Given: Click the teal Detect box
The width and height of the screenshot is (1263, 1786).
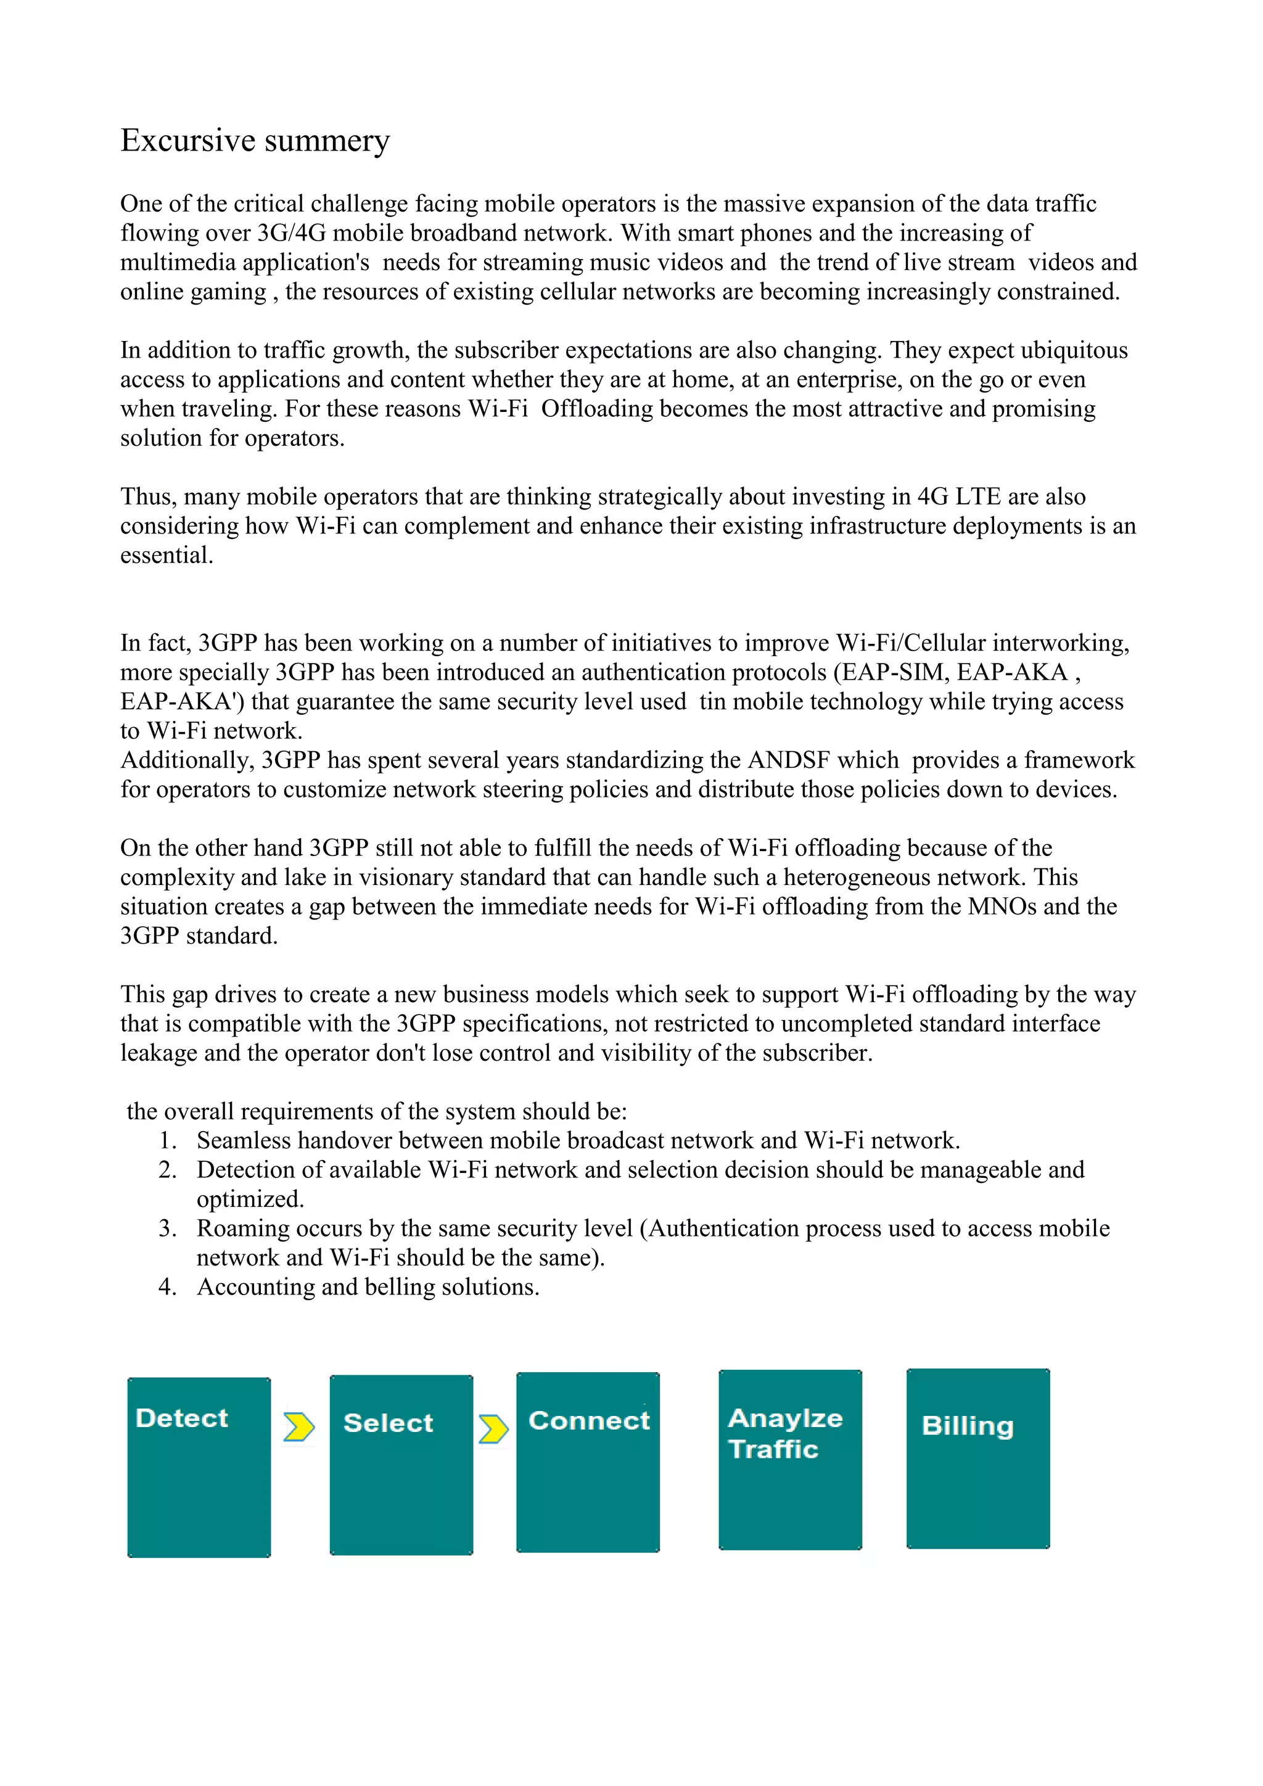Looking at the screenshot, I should click(199, 1467).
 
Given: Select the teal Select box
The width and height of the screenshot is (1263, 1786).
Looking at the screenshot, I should click(401, 1465).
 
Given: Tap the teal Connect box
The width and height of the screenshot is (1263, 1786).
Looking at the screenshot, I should click(588, 1462).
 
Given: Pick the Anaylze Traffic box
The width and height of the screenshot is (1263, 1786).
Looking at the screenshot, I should click(790, 1460).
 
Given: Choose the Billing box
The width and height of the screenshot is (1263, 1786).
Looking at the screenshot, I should click(977, 1459).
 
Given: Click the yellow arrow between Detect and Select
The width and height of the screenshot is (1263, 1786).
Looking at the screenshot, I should click(298, 1426).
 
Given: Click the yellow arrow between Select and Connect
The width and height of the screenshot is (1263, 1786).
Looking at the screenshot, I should click(493, 1429).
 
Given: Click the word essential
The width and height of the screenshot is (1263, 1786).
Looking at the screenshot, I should click(166, 556).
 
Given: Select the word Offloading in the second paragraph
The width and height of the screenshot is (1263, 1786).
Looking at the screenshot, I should click(596, 409).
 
